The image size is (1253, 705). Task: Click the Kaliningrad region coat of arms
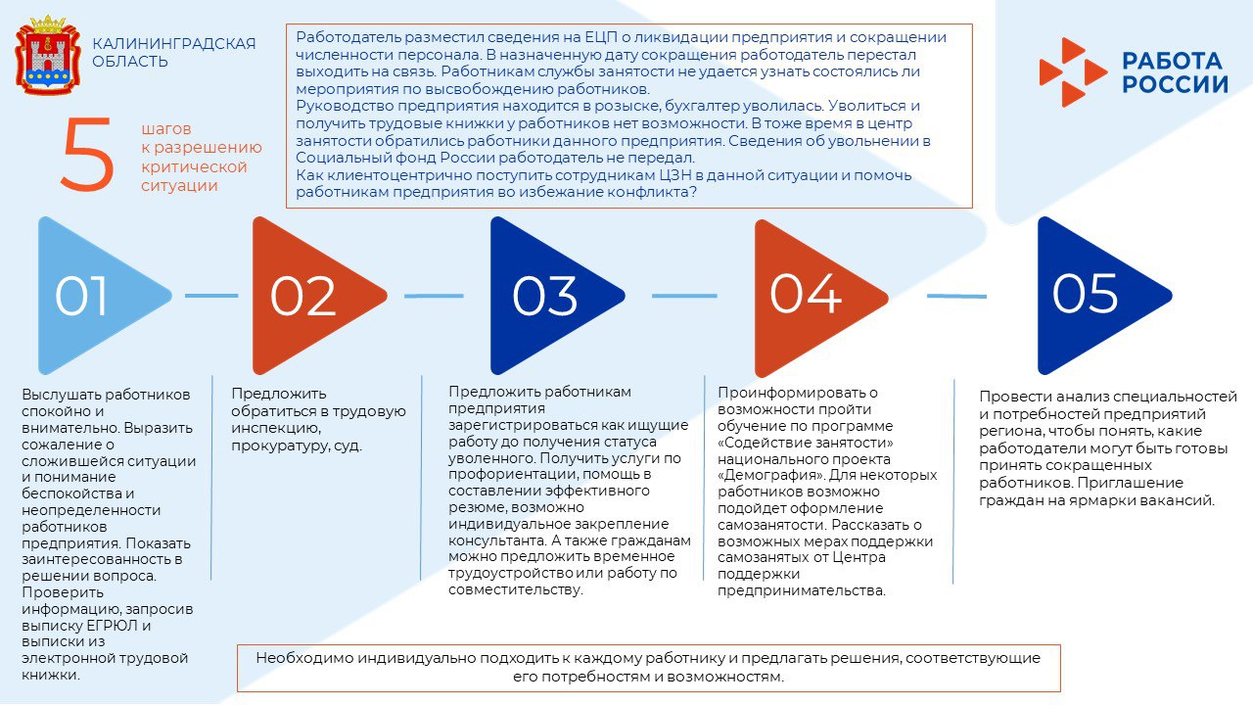47,56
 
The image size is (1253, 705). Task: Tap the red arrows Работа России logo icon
1071,71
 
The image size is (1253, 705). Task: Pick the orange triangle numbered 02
308,295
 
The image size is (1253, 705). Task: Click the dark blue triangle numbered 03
548,295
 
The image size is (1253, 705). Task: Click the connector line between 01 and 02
211,295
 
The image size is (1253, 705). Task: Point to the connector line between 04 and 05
956,295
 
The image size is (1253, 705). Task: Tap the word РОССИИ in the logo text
1175,84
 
